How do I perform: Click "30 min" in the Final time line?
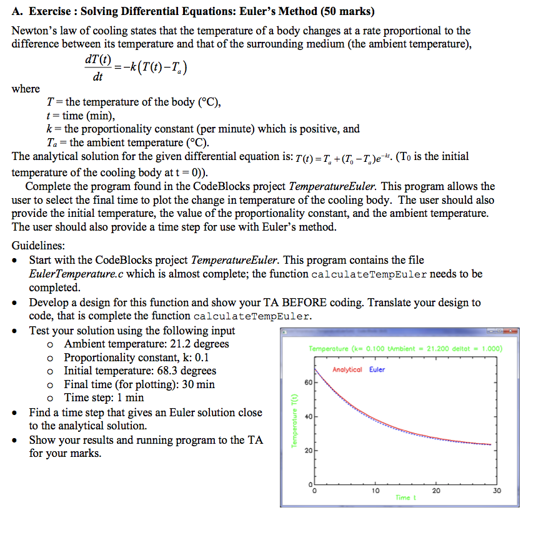[198, 384]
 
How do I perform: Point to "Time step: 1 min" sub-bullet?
[104, 398]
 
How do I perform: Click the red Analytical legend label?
[347, 370]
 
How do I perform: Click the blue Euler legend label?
[377, 370]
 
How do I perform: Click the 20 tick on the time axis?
[435, 491]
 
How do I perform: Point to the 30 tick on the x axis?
[496, 491]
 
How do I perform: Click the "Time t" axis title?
[403, 497]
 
